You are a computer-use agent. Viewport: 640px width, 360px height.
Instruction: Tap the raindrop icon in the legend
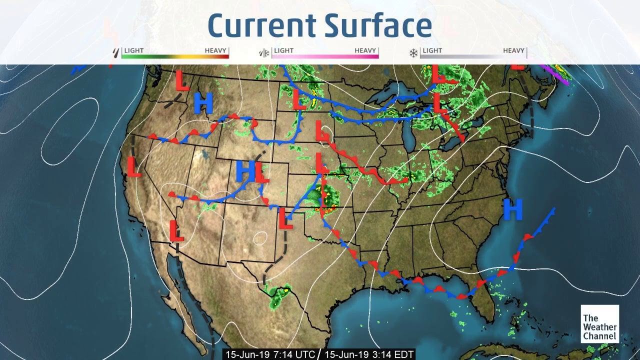coord(116,52)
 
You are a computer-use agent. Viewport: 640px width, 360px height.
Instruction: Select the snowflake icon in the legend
coord(413,52)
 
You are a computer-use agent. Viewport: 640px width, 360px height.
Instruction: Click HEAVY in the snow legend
coord(513,50)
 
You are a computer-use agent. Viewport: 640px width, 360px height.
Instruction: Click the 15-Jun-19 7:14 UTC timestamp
coord(270,354)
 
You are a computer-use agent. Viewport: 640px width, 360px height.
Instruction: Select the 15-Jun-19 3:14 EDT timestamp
coord(369,354)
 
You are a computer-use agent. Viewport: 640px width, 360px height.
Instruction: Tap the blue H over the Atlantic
coord(513,209)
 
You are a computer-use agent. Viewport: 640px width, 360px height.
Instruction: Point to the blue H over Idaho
coord(203,103)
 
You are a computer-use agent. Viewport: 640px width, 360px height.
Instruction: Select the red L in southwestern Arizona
coord(175,230)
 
